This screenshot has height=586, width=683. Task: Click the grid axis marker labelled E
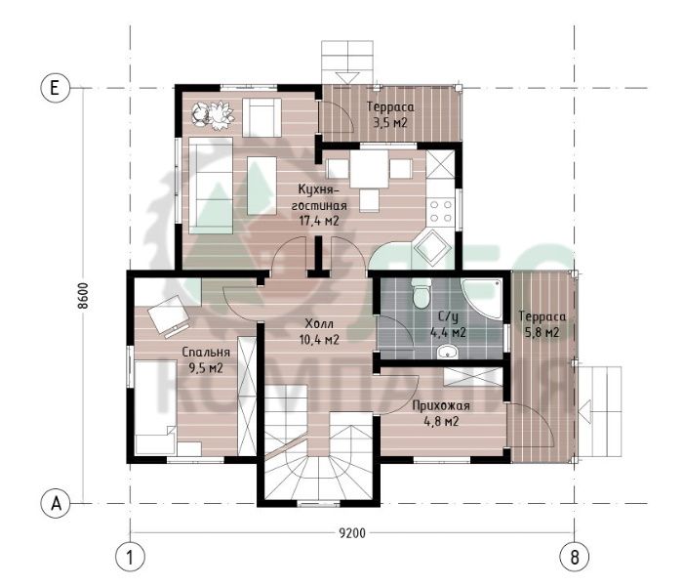tap(55, 88)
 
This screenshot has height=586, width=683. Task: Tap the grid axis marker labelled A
tap(56, 504)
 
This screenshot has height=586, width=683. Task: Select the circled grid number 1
tap(130, 557)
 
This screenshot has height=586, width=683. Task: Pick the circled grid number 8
tap(574, 557)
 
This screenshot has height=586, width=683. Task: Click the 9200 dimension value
tap(352, 533)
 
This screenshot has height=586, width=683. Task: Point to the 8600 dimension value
tap(83, 296)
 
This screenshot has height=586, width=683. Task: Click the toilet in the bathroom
tap(422, 293)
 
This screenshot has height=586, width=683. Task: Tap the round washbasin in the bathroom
tap(448, 352)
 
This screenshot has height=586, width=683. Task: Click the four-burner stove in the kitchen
tap(440, 211)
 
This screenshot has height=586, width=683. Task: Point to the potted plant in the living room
tap(213, 114)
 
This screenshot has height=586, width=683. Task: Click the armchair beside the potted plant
tap(261, 117)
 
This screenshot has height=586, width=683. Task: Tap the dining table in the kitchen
tap(369, 169)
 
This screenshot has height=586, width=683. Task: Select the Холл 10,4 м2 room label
tap(319, 331)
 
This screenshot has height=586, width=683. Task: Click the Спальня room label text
tap(206, 352)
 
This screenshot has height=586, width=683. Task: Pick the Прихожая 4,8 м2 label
tap(441, 413)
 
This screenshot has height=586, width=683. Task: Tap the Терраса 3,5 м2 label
tap(390, 114)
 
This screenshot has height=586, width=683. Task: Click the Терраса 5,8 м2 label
tap(542, 324)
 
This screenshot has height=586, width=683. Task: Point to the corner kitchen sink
tap(432, 248)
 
